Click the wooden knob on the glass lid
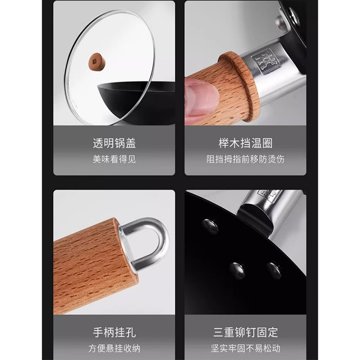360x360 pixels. click(x=97, y=62)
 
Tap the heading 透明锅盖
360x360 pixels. click(x=114, y=143)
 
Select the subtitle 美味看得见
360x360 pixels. click(x=114, y=159)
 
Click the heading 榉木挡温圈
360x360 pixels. click(x=245, y=143)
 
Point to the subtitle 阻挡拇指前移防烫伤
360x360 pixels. click(x=245, y=159)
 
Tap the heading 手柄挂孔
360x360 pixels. click(x=114, y=332)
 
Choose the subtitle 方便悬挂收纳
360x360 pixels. click(x=114, y=348)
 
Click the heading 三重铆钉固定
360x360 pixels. click(x=245, y=332)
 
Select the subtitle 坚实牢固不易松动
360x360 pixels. click(x=245, y=348)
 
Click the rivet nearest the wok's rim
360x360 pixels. click(x=210, y=225)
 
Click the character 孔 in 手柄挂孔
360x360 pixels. click(x=130, y=332)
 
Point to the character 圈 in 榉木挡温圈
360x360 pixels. click(x=267, y=143)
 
